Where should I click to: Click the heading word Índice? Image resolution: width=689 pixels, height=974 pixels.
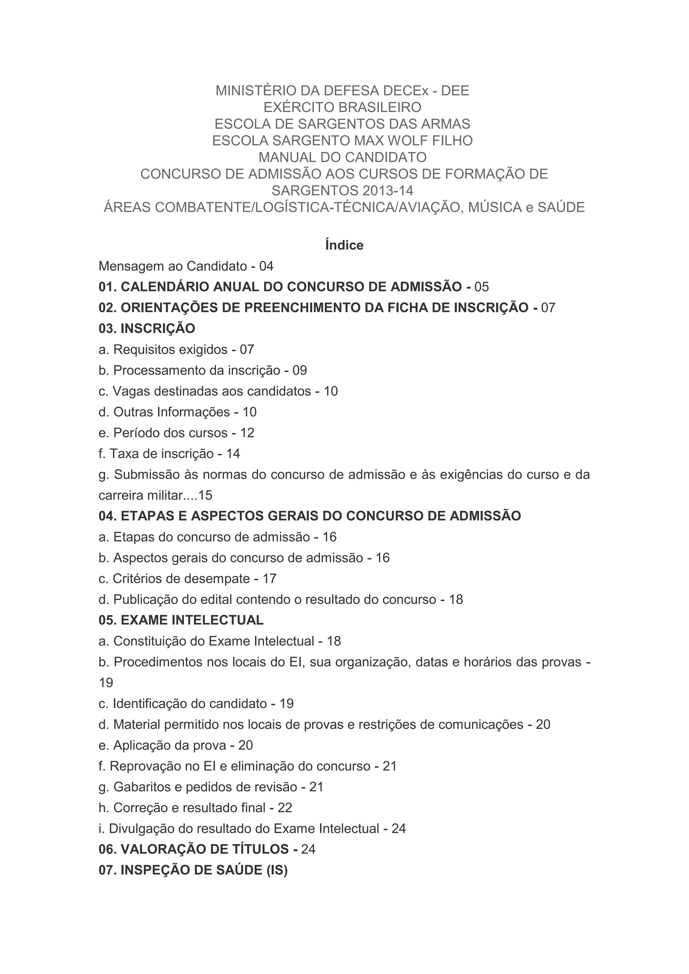344,245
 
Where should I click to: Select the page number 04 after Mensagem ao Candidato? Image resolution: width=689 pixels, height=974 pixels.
266,266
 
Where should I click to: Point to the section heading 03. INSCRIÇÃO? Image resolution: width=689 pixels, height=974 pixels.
147,328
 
